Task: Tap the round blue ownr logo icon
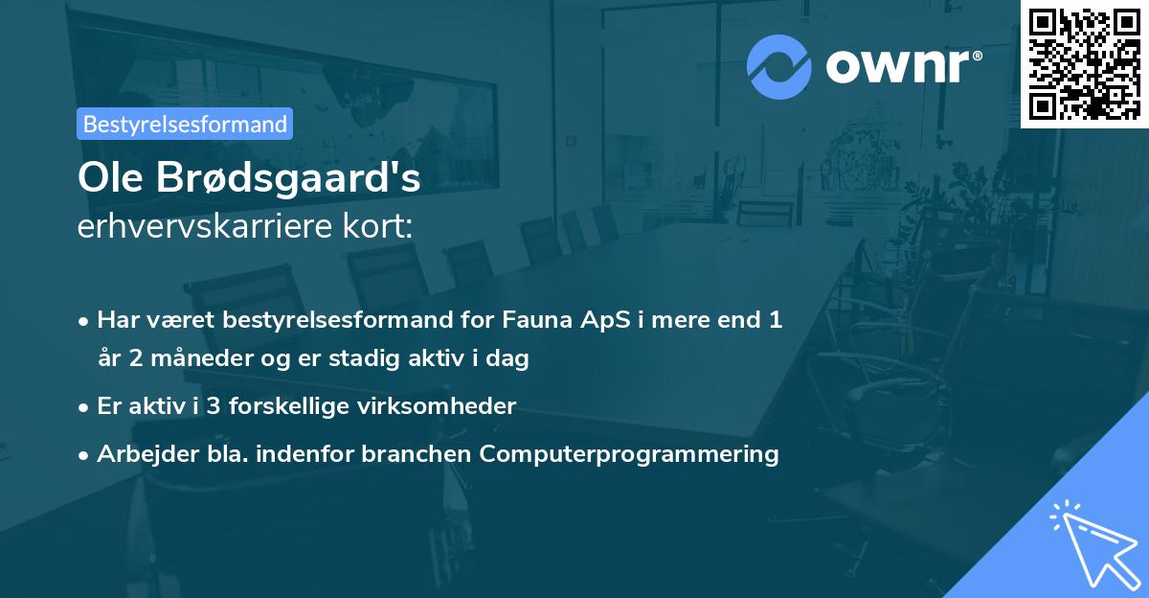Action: [x=779, y=67]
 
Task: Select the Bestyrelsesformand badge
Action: [x=185, y=124]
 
